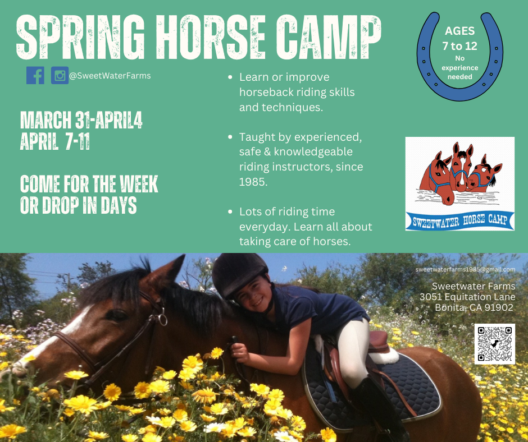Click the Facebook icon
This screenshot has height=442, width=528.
[x=35, y=75]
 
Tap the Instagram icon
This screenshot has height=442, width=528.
[x=60, y=75]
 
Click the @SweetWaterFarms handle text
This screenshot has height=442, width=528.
[x=110, y=76]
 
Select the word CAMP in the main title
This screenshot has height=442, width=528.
[x=329, y=38]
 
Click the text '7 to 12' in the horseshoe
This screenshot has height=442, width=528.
[x=459, y=46]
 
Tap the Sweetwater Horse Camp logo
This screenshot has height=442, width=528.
[x=459, y=183]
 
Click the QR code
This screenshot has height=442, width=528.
[x=495, y=344]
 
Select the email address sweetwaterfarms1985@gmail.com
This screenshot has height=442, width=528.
[x=465, y=269]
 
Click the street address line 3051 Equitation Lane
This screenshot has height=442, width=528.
[x=467, y=297]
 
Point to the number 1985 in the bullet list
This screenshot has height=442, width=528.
[x=253, y=182]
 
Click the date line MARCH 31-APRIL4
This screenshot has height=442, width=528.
[x=81, y=120]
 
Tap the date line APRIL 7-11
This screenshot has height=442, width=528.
[x=55, y=141]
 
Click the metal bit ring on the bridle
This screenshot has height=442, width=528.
[x=163, y=320]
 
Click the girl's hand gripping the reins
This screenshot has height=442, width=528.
[x=240, y=352]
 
